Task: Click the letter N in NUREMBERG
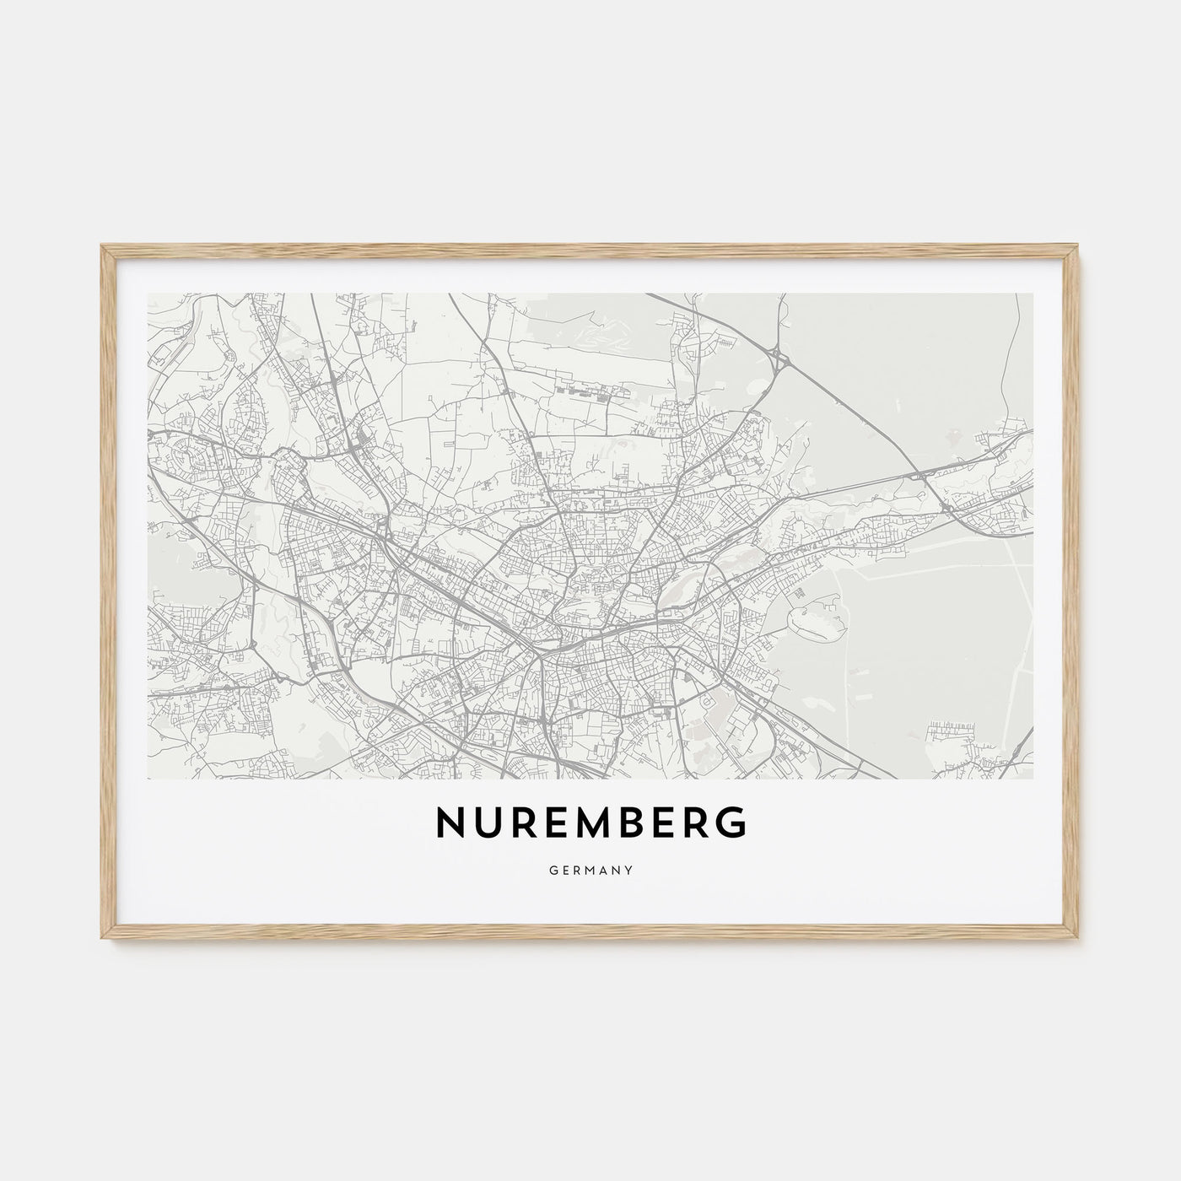[449, 824]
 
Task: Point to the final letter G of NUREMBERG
[732, 824]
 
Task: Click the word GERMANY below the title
[590, 867]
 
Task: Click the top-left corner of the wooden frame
[102, 246]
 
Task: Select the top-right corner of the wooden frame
[1079, 246]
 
